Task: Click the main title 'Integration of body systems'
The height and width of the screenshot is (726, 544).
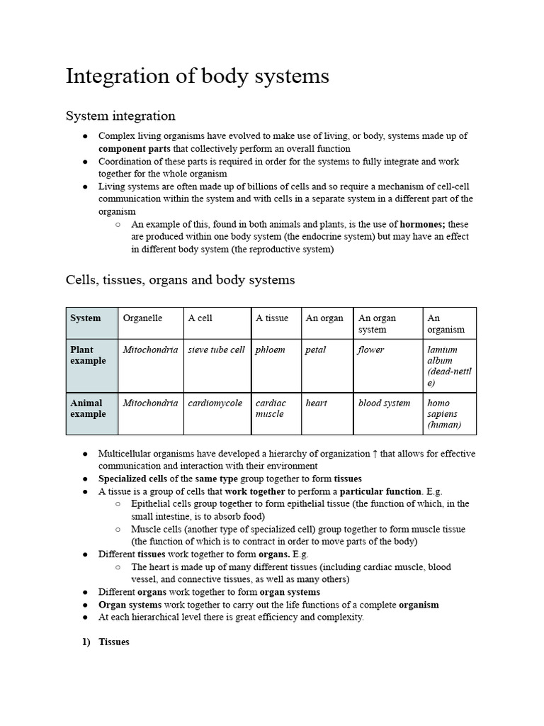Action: point(197,77)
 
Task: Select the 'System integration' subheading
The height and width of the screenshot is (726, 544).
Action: point(120,116)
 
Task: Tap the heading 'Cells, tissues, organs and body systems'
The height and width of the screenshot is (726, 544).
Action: point(180,280)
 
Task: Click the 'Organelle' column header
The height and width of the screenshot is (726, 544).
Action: point(142,318)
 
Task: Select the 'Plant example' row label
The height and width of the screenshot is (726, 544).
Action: point(88,355)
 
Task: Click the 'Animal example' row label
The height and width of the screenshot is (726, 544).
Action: point(88,408)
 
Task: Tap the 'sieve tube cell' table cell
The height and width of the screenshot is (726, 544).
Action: point(216,350)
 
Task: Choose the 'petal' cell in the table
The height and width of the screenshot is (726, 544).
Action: point(316,350)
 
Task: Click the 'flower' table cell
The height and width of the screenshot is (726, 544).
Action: point(370,350)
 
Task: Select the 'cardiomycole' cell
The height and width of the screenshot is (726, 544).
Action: point(215,403)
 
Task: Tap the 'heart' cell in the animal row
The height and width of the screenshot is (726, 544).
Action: point(317,403)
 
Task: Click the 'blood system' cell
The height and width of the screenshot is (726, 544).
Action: point(384,403)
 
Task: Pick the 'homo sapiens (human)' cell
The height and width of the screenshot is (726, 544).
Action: point(445,414)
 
